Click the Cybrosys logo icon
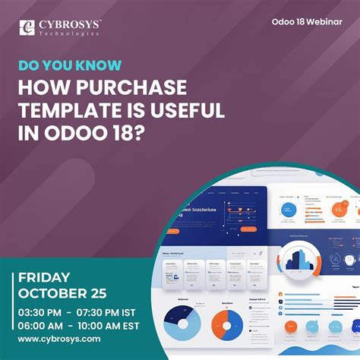[x=28, y=28]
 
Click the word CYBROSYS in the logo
[x=68, y=24]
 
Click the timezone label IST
[x=148, y=312]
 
